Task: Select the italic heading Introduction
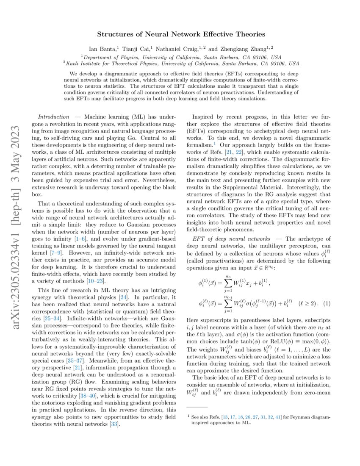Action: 53,116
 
